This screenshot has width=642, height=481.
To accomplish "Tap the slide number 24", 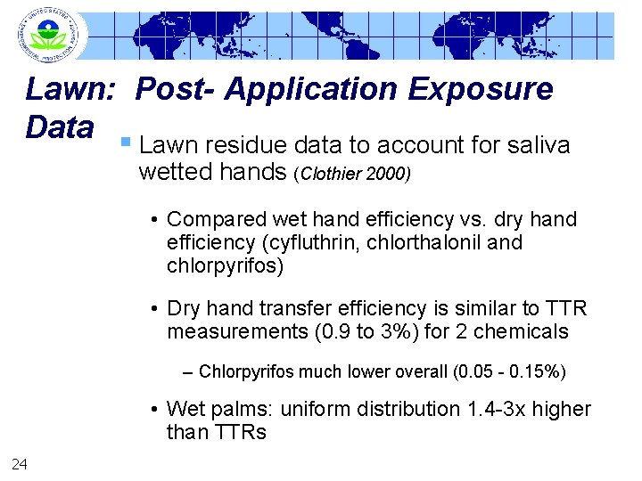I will pyautogui.click(x=20, y=461).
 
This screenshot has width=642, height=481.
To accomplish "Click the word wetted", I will pyautogui.click(x=176, y=173).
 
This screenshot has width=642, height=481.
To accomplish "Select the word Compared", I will pyautogui.click(x=217, y=219).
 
